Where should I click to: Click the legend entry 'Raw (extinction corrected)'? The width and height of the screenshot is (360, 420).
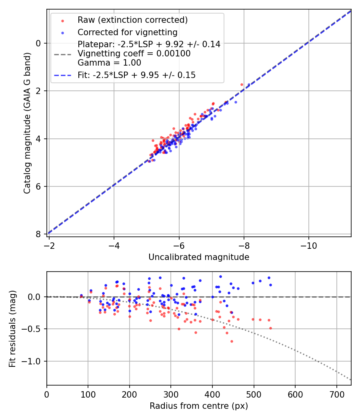(x=132, y=20)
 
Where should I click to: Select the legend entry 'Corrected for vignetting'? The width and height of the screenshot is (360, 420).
(x=127, y=32)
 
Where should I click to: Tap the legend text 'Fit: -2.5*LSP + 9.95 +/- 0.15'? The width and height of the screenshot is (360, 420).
(x=136, y=75)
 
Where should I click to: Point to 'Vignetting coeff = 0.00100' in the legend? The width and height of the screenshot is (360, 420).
(x=134, y=53)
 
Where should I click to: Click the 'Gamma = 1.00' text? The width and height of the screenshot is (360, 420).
(x=109, y=62)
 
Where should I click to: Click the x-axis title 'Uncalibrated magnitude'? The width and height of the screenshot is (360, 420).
(x=199, y=257)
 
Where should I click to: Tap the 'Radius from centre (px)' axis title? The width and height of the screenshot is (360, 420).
(x=199, y=406)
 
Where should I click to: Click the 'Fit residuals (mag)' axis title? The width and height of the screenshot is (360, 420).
(x=13, y=328)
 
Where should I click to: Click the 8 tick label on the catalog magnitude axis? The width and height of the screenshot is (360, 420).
(x=39, y=234)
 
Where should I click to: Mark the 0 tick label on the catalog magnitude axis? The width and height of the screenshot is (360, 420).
(x=39, y=43)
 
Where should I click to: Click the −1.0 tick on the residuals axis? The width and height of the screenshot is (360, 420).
(x=32, y=361)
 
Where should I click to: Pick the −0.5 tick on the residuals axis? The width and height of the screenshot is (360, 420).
(x=32, y=329)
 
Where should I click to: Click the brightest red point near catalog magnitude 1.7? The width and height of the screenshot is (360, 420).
(x=242, y=84)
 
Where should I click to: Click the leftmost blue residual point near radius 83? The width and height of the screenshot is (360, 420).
(x=81, y=296)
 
